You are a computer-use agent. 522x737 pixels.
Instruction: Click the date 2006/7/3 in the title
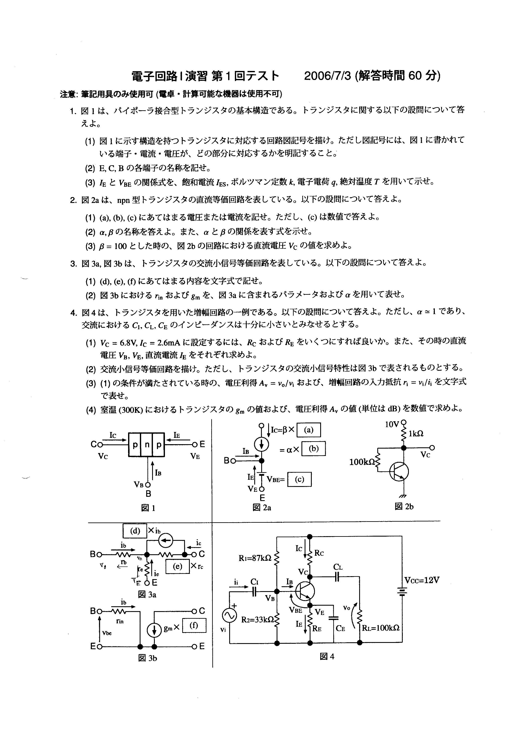point(328,76)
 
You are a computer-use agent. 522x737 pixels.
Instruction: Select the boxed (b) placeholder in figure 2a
point(313,449)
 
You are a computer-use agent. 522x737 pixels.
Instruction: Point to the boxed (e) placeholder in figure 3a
point(177,566)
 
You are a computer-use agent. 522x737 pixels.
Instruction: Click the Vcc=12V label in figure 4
point(422,580)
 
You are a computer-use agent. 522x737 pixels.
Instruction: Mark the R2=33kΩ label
point(258,620)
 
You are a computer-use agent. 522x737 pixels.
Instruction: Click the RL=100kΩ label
point(381,628)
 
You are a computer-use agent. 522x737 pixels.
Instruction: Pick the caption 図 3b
point(147,658)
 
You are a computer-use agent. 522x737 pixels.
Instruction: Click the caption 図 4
point(327,656)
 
